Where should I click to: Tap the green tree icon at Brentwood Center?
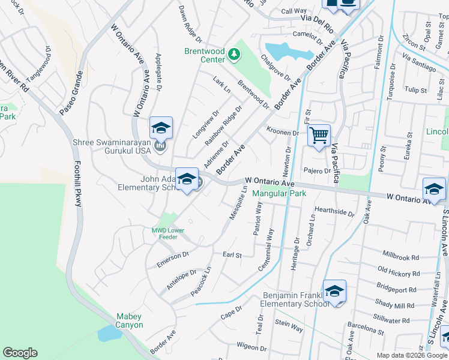[x=234, y=56]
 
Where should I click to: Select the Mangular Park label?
[x=279, y=193]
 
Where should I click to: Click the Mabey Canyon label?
[x=130, y=320]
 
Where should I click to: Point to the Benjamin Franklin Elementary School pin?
[x=334, y=292]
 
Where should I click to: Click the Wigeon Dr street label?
[x=251, y=346]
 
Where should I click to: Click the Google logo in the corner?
[x=20, y=353]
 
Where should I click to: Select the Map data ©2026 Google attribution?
[x=412, y=355]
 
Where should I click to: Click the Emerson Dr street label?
[x=172, y=259]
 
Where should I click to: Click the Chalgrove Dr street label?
[x=276, y=68]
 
